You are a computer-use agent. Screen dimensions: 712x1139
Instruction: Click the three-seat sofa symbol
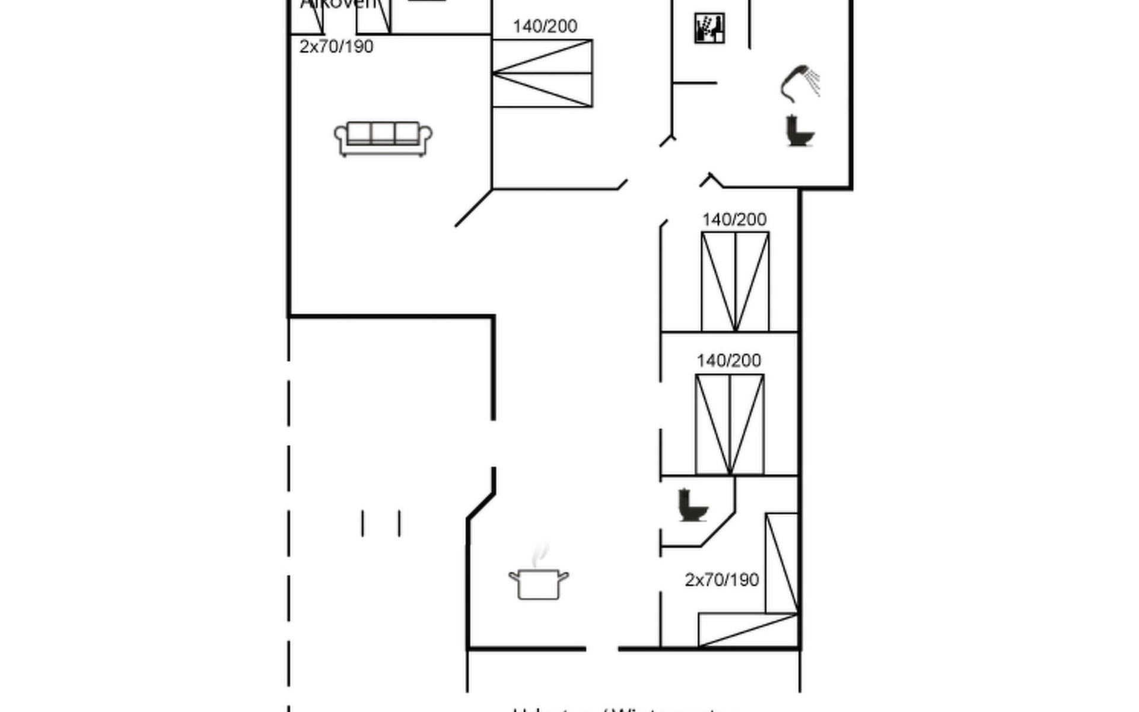click(x=383, y=139)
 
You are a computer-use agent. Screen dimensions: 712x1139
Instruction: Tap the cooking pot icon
click(x=539, y=584)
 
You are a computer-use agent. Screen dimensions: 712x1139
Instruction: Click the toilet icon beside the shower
click(x=799, y=131)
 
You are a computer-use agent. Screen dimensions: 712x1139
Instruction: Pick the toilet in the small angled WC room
click(x=692, y=506)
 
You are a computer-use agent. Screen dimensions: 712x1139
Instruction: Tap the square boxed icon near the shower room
click(x=710, y=28)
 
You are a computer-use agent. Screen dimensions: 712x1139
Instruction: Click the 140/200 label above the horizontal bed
click(x=545, y=26)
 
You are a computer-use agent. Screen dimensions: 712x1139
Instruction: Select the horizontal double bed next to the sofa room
click(x=542, y=74)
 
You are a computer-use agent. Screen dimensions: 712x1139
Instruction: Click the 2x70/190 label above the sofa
click(x=336, y=47)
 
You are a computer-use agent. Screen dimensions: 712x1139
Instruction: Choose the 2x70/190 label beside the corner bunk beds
click(x=721, y=580)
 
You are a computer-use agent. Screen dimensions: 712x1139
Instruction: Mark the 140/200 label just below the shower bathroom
click(x=734, y=220)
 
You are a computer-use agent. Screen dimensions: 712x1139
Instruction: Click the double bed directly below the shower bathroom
click(x=735, y=282)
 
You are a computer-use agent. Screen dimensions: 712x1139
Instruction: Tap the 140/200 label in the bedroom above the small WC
click(x=728, y=361)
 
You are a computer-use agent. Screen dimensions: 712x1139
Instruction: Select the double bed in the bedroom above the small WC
click(x=730, y=425)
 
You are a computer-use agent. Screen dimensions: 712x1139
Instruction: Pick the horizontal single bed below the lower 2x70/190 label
click(x=748, y=630)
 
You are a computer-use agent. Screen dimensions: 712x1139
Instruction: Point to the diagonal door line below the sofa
click(x=473, y=208)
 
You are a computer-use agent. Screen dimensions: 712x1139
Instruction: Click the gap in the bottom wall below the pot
click(x=602, y=649)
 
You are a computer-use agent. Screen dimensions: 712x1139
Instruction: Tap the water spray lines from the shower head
click(x=815, y=82)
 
